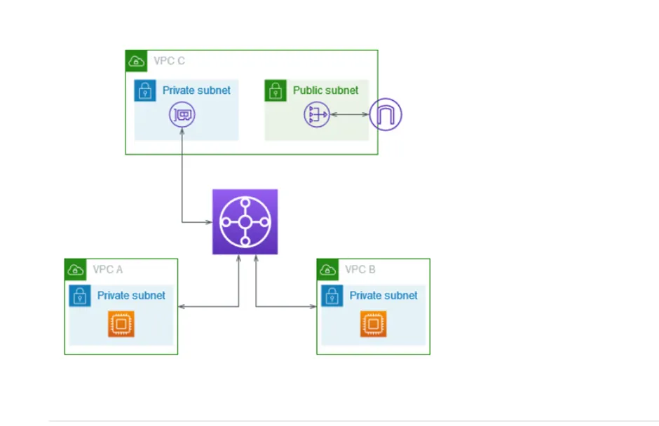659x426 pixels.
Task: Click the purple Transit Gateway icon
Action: coord(245,221)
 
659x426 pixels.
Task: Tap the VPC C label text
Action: coord(169,61)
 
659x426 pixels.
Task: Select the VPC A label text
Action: coord(108,270)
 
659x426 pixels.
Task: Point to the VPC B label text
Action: coord(360,270)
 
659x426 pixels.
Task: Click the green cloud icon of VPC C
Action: coord(136,61)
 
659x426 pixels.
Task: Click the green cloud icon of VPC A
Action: coord(75,269)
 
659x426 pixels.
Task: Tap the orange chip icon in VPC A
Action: coord(121,324)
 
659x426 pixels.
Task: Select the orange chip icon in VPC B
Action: coord(373,324)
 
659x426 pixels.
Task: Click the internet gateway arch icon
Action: coord(385,114)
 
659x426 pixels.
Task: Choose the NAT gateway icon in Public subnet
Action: coord(316,114)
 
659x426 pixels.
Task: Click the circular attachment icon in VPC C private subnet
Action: coord(182,114)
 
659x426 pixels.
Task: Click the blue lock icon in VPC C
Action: coord(145,90)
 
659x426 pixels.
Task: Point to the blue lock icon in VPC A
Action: coord(80,296)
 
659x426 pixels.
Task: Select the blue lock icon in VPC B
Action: coord(332,296)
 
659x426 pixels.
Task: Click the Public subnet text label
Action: coord(325,90)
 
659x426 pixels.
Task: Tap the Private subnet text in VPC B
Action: coord(383,296)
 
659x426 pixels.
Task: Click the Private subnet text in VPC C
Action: coord(196,90)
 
